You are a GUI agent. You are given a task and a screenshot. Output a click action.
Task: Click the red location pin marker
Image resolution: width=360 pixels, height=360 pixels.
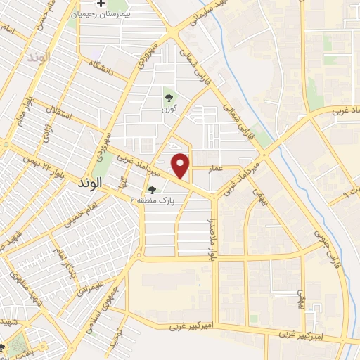pos(181,166)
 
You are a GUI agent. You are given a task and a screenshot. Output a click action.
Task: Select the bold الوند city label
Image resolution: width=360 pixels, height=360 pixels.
pos(87,181)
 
